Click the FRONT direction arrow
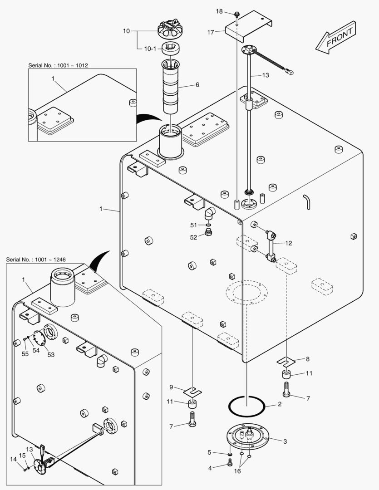click(336, 38)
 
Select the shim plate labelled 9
click(193, 390)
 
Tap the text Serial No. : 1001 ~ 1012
click(58, 65)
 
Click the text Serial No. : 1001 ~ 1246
click(36, 260)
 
